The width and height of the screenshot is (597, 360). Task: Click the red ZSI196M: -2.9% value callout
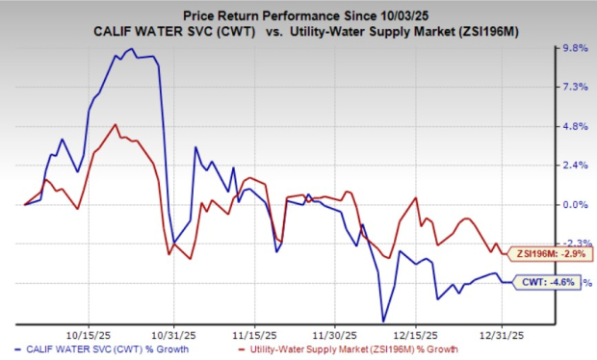coord(546,252)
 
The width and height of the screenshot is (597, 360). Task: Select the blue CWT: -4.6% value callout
coord(550,282)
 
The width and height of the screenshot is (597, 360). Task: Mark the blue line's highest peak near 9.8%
coord(131,49)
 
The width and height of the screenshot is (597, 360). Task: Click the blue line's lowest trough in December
coord(383,321)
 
